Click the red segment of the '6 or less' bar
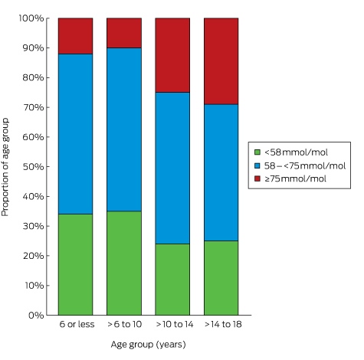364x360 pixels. tap(75, 36)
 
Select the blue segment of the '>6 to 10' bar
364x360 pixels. tap(124, 129)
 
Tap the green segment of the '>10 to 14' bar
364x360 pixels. tap(172, 280)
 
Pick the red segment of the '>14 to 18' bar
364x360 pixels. tap(221, 61)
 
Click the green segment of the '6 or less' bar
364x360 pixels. tap(75, 264)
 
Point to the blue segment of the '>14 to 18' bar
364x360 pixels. tap(221, 172)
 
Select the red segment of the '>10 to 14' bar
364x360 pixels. tap(172, 55)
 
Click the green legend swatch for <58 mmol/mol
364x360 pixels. tap(257, 152)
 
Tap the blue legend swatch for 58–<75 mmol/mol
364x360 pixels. tap(257, 165)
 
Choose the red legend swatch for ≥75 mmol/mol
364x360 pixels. tap(257, 178)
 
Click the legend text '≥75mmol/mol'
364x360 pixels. tap(295, 178)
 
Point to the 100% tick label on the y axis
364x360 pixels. tap(31, 18)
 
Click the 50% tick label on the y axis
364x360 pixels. tap(33, 167)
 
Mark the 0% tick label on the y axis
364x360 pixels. tap(36, 316)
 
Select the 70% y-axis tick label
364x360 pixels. tap(33, 107)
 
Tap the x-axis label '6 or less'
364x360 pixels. tap(77, 324)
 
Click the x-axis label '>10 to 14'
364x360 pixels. tap(175, 324)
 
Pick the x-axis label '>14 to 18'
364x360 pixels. tap(223, 324)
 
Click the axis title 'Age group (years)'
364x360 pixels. tap(148, 345)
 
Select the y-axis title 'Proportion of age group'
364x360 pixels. tap(5, 167)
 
